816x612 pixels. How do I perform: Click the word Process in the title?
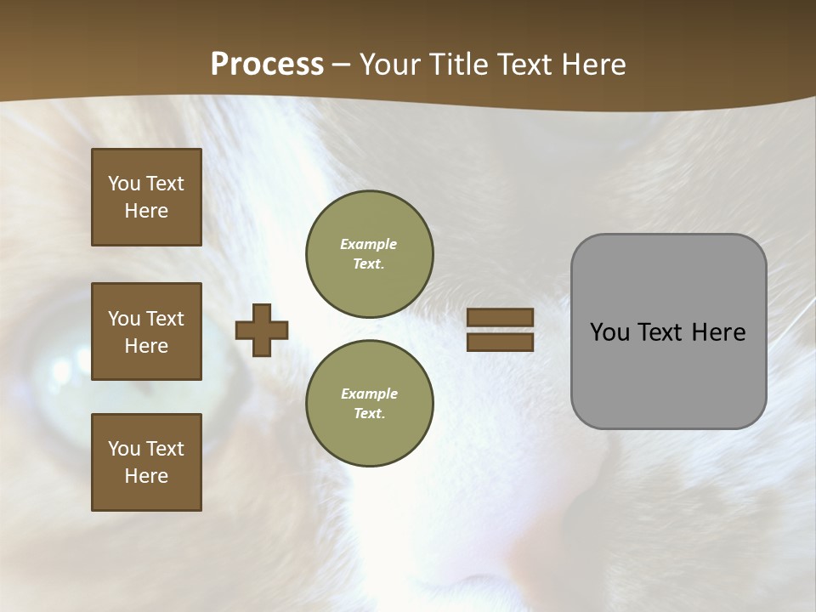[x=267, y=65]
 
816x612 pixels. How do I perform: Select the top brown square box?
[x=146, y=197]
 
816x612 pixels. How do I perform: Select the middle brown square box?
[x=146, y=331]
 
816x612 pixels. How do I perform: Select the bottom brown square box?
[x=146, y=462]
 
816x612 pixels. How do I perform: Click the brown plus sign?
[x=262, y=330]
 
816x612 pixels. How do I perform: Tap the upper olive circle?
[x=369, y=253]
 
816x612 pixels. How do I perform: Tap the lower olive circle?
[x=369, y=403]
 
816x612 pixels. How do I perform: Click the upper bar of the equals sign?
[x=500, y=318]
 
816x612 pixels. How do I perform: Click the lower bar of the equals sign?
[x=500, y=342]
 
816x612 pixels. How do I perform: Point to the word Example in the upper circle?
[x=368, y=244]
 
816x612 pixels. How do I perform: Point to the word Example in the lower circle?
[x=369, y=394]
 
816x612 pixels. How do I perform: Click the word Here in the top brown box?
[x=146, y=211]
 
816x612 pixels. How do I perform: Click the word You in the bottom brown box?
[x=124, y=449]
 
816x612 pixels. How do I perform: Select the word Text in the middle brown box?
[x=164, y=319]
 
